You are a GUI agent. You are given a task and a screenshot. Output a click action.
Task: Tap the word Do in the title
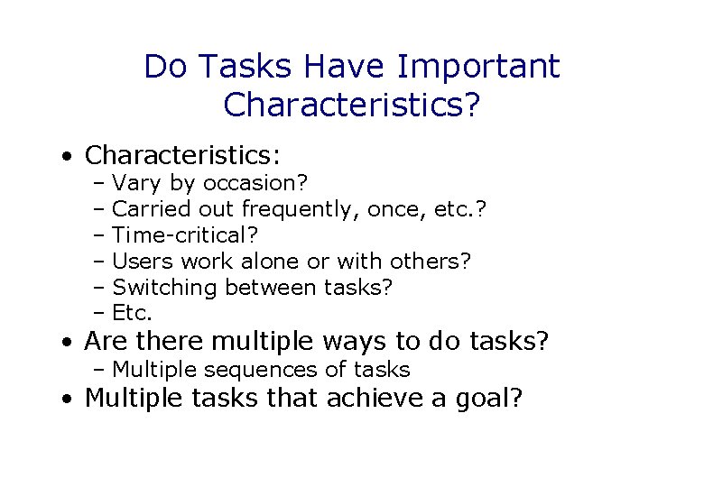[164, 66]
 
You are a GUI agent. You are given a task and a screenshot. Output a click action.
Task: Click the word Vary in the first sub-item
[133, 184]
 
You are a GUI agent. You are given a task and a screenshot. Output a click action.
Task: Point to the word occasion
[256, 184]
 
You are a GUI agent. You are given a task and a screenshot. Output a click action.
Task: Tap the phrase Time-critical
[185, 235]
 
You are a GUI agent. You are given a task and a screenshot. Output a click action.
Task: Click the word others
[430, 262]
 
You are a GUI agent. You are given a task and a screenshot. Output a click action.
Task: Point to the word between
[271, 288]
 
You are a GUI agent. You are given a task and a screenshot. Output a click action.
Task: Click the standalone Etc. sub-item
[133, 314]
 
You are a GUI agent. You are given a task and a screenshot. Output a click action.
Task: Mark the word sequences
[261, 370]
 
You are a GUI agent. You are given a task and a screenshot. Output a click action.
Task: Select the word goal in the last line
[477, 399]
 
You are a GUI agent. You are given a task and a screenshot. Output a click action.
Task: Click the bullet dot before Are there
[68, 344]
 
